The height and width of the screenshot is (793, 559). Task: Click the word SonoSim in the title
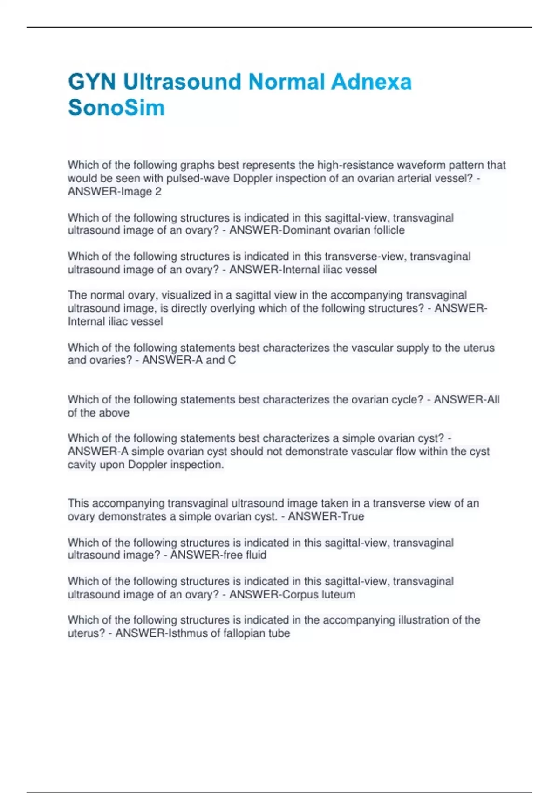(116, 108)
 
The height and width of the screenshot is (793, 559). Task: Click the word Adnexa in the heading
(371, 82)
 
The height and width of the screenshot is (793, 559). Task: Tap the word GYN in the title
(92, 82)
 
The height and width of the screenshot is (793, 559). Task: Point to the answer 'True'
(353, 516)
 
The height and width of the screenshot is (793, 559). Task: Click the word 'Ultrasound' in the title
(182, 82)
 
